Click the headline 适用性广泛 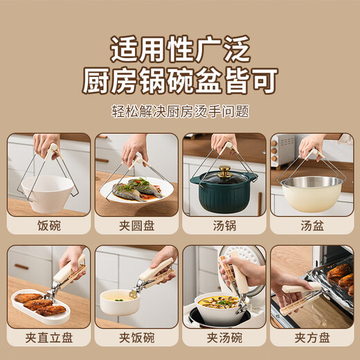(180, 50)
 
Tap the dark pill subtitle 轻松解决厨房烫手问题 (180, 111)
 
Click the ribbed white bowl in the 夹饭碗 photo (125, 305)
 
